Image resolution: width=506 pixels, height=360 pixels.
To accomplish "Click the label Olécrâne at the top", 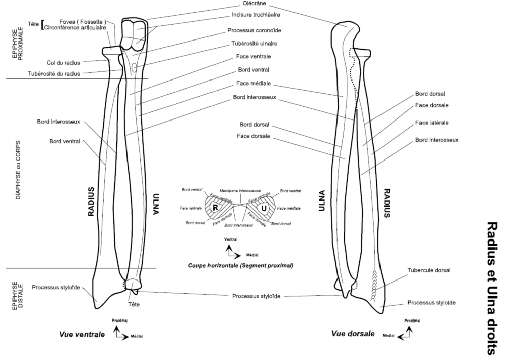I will click(243, 5).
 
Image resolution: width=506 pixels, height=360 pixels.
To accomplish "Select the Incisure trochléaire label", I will click(256, 15).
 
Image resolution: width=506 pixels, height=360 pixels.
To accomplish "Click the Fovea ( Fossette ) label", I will click(75, 22).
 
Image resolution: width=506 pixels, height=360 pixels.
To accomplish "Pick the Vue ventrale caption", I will click(82, 334).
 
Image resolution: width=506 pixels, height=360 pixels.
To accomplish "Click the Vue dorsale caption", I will click(353, 334).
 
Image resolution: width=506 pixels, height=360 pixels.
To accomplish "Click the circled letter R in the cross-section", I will click(215, 208).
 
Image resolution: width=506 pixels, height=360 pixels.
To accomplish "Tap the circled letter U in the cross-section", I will click(263, 208).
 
